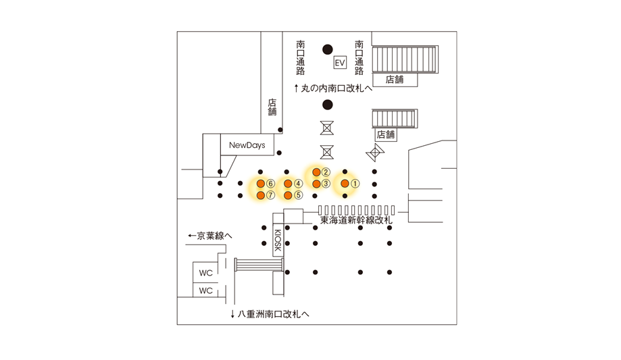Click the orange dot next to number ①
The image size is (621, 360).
(345, 183)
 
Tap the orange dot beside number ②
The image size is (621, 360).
(316, 172)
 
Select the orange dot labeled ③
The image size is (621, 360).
(316, 184)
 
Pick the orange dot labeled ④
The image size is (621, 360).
(288, 183)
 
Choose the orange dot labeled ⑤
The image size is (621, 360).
(288, 195)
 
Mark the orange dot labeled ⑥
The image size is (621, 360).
(261, 183)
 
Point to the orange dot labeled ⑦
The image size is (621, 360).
(261, 195)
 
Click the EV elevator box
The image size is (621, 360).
(340, 63)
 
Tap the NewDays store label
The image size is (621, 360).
(247, 145)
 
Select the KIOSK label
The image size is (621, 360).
(278, 240)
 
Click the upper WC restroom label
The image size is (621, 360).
(206, 273)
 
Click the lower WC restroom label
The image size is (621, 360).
(206, 290)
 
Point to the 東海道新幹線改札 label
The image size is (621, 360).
(356, 220)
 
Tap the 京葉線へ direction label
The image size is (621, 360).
(210, 236)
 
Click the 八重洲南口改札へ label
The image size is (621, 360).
(270, 314)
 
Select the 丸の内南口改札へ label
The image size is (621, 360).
(333, 88)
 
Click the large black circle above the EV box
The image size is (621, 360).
(328, 49)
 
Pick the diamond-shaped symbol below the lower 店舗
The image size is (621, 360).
(375, 152)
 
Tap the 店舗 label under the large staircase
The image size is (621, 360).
(395, 80)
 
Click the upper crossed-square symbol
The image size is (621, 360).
(327, 128)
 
